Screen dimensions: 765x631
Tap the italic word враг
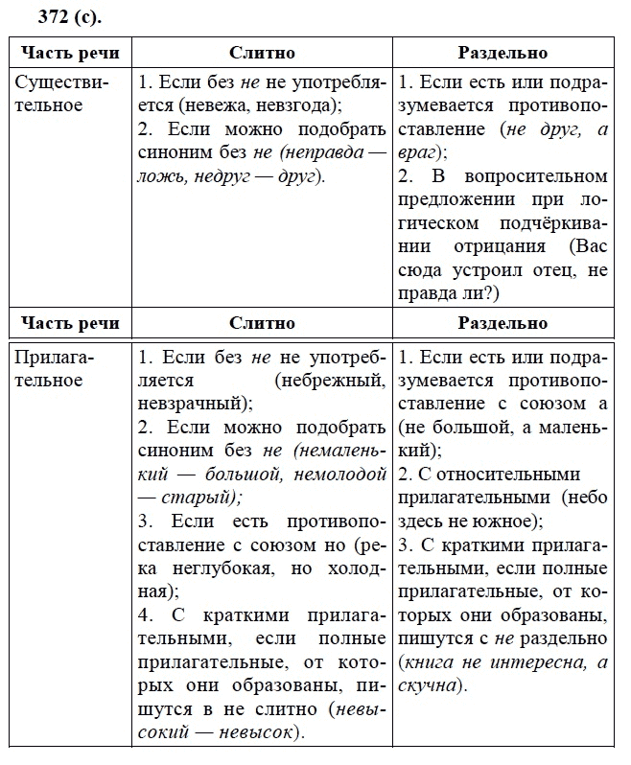(418, 152)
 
